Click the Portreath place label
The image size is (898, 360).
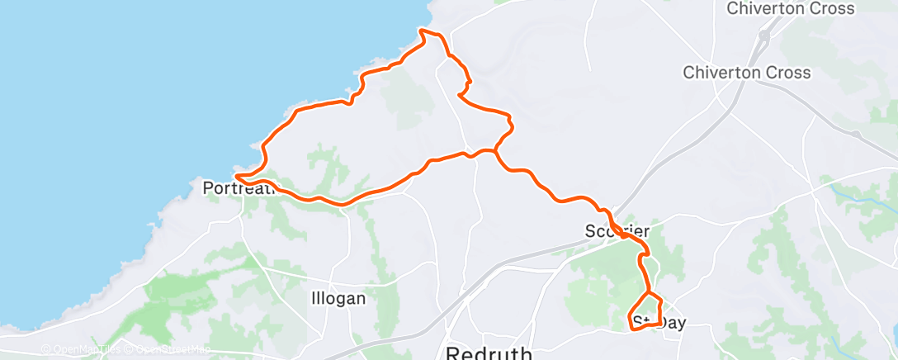238,188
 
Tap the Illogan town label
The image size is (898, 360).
338,298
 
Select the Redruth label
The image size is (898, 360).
489,353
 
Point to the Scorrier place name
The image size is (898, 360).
617,231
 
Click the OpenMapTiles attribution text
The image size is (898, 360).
80,350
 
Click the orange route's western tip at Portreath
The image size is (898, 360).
236,176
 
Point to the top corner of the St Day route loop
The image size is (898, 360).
650,293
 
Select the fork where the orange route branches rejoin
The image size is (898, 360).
495,150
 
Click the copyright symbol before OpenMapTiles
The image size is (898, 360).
46,350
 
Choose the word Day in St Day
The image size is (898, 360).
670,323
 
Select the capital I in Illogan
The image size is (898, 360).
314,298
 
